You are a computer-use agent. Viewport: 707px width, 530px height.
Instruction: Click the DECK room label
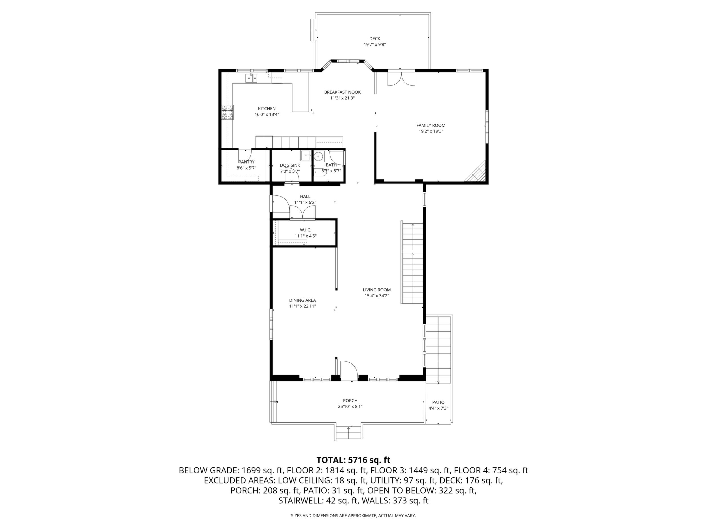click(374, 39)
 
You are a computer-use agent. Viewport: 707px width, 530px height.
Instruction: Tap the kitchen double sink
click(251, 78)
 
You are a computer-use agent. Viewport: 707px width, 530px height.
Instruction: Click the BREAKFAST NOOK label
click(342, 92)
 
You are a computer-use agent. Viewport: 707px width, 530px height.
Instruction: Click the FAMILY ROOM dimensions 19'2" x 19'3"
click(431, 131)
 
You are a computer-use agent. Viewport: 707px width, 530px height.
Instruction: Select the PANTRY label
click(246, 162)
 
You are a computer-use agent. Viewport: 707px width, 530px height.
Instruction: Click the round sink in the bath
click(318, 156)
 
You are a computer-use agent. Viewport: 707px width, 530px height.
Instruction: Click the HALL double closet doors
click(302, 212)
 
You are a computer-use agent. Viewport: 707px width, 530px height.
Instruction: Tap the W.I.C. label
click(306, 230)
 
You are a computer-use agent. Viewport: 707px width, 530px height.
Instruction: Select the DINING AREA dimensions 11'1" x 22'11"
click(302, 306)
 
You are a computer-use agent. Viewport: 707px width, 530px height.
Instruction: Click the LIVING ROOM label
click(376, 290)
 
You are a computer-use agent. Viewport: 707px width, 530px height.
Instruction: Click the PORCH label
click(350, 401)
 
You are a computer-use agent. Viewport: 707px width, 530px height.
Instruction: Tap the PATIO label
click(438, 403)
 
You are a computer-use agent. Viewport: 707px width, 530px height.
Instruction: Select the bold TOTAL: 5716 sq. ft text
click(353, 460)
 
